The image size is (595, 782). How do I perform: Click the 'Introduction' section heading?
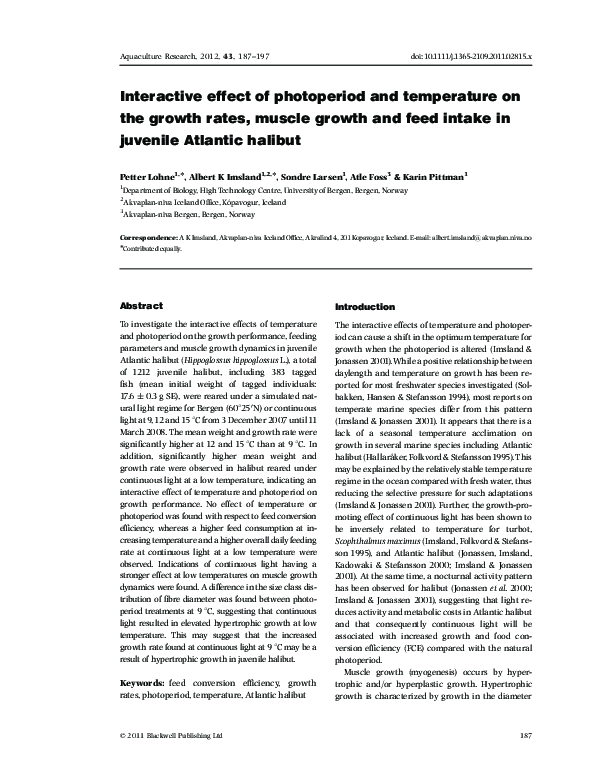tap(364, 305)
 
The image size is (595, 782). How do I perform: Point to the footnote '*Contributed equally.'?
tap(150, 248)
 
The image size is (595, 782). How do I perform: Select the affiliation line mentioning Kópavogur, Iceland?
tap(204, 201)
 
